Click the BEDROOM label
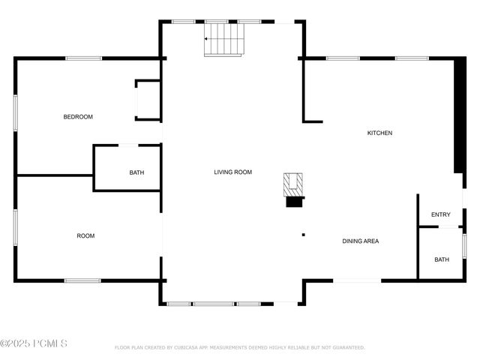(78, 117)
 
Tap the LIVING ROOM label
(232, 172)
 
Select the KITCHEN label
(379, 133)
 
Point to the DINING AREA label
(360, 241)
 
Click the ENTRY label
(441, 215)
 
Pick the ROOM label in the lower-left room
(85, 236)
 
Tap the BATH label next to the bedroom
(136, 173)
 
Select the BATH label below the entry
(442, 260)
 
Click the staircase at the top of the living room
(225, 39)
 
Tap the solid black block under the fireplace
(295, 201)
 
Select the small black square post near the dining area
(303, 235)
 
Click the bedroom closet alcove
(148, 100)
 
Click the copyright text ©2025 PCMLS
(34, 344)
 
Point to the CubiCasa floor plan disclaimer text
(240, 348)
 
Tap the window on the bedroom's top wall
(83, 58)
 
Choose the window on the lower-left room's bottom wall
(82, 280)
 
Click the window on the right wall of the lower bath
(464, 246)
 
